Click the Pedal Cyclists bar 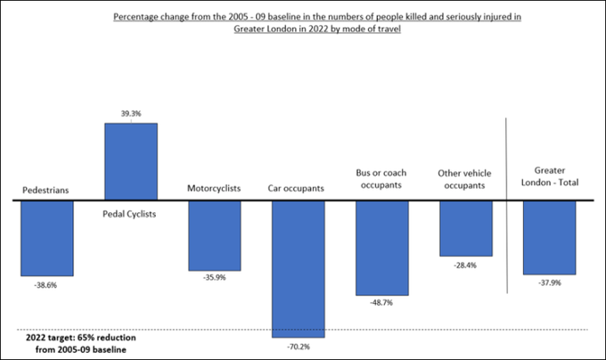(131, 161)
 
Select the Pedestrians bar (47, 238)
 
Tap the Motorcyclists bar (214, 235)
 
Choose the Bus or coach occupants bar (381, 248)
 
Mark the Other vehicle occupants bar (465, 228)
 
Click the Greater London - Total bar (549, 237)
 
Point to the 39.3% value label (131, 113)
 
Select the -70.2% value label (298, 348)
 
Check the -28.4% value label (465, 266)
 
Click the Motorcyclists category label (214, 188)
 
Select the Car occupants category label (298, 188)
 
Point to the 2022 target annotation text (75, 343)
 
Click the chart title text (302, 21)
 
